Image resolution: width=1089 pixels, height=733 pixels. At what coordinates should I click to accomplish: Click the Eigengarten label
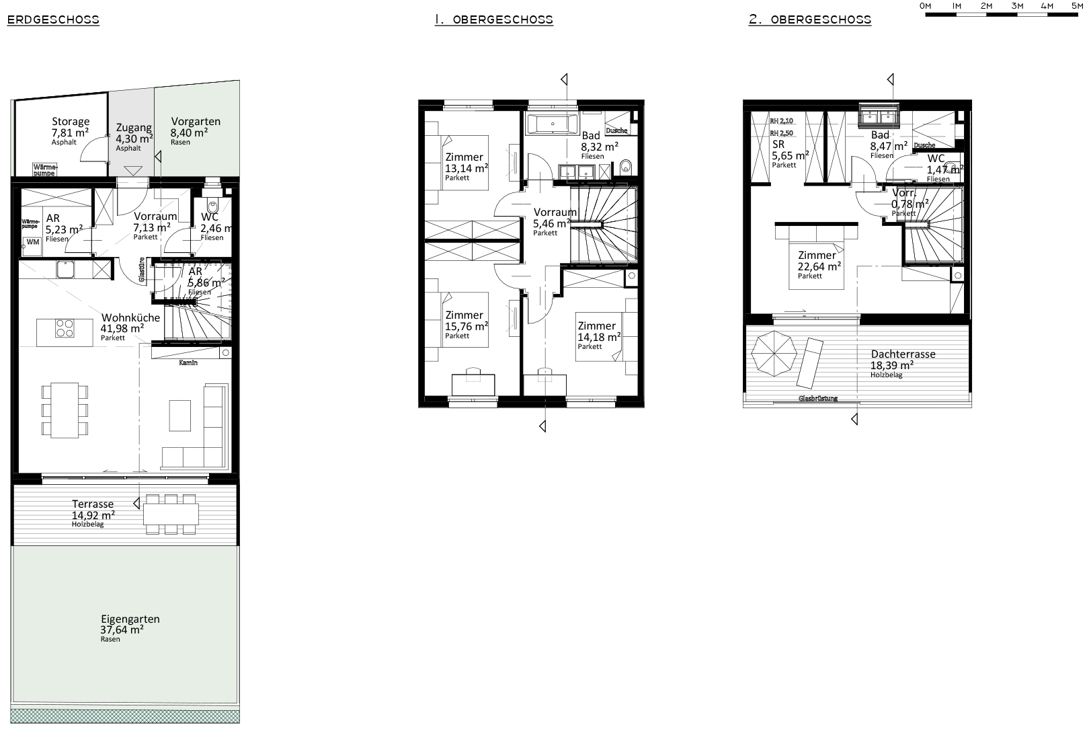(x=130, y=619)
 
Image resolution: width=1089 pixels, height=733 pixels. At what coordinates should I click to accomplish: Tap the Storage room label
(x=71, y=122)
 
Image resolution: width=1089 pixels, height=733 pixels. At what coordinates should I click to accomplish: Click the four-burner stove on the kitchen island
(x=65, y=328)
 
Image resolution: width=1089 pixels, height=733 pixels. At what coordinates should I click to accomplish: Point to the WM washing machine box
(x=32, y=242)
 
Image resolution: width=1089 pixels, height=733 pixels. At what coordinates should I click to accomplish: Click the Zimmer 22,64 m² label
(x=817, y=256)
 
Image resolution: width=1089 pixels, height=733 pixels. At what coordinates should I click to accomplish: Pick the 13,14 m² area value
(x=467, y=168)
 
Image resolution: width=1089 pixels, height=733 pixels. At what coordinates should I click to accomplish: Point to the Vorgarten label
(x=196, y=122)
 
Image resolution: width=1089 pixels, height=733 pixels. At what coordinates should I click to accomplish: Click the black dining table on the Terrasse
(x=171, y=514)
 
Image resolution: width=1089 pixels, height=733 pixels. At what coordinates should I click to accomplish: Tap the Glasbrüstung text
(x=818, y=398)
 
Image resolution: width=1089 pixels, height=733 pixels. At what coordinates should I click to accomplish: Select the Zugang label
(x=134, y=128)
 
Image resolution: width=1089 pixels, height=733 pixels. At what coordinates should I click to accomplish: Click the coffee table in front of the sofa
(x=180, y=415)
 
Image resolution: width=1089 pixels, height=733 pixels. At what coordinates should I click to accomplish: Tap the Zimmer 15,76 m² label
(x=464, y=315)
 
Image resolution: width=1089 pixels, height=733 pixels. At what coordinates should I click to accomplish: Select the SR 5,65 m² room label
(x=778, y=145)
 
